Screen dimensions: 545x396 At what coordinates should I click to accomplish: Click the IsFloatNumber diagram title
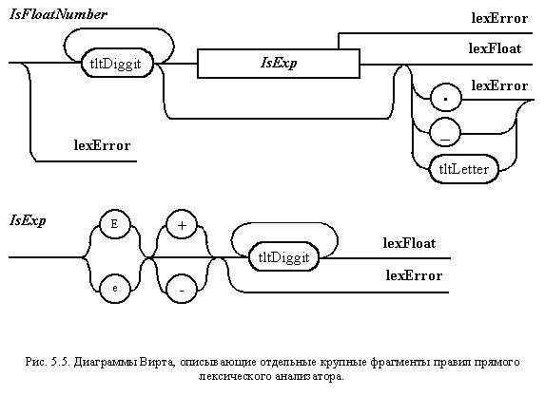(58, 14)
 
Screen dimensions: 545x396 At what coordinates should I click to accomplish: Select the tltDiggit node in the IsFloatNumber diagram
(117, 64)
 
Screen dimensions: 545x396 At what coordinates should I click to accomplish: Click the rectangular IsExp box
(279, 64)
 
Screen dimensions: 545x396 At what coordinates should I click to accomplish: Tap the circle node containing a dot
(445, 98)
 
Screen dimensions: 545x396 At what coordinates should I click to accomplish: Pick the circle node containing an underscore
(445, 132)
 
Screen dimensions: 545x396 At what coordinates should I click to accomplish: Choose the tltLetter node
(464, 169)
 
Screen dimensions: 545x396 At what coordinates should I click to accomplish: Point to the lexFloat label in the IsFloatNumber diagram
(495, 48)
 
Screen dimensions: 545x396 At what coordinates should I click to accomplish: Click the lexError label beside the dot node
(499, 85)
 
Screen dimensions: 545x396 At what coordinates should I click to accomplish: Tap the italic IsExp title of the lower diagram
(28, 220)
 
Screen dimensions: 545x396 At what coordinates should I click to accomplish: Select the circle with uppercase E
(115, 224)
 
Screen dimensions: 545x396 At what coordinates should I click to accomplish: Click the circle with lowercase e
(115, 289)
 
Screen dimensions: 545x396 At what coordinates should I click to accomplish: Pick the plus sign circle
(182, 224)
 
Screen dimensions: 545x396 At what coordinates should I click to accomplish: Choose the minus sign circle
(182, 289)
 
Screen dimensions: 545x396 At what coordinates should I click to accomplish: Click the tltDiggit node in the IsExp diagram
(284, 257)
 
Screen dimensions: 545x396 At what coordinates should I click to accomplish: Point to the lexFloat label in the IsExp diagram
(409, 243)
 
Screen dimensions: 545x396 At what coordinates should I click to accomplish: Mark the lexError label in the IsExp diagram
(414, 275)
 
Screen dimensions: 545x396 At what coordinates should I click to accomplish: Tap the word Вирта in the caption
(158, 362)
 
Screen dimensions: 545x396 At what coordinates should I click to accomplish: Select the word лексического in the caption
(235, 377)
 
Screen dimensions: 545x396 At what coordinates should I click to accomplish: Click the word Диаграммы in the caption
(106, 362)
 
